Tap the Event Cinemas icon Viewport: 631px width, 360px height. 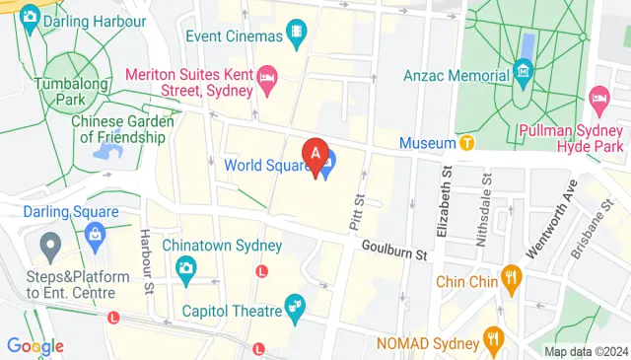pos(295,36)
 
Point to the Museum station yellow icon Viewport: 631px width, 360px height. pos(467,143)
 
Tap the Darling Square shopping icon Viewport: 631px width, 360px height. pos(95,234)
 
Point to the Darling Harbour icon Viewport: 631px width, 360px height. pos(30,17)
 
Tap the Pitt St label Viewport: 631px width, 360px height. pos(356,213)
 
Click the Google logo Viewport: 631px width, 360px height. pos(35,346)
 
